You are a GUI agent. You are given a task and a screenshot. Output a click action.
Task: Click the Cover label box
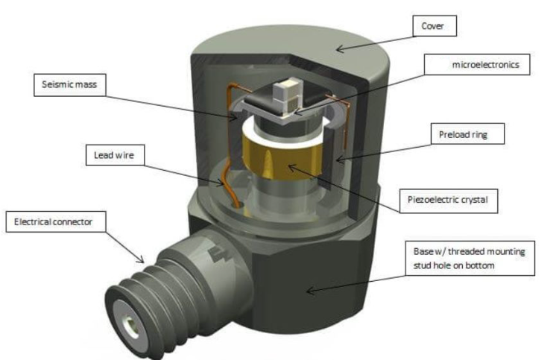434,27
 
